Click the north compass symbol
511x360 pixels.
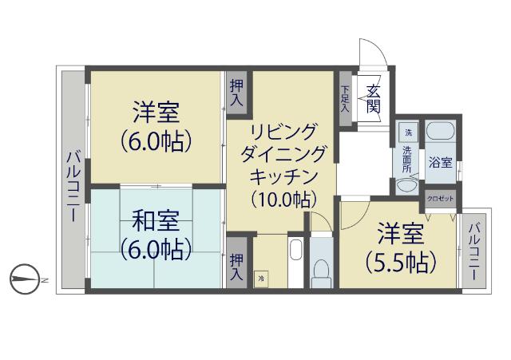click(26, 279)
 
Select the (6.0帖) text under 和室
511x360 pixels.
click(156, 248)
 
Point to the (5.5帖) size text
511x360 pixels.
click(400, 261)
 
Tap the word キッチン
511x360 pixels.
click(284, 176)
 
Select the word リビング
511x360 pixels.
click(283, 131)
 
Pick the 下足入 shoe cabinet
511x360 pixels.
click(345, 98)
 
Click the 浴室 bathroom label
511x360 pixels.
click(440, 163)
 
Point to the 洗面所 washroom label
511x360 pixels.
click(407, 159)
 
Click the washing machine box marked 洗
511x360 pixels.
click(408, 132)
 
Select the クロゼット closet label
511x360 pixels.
click(440, 198)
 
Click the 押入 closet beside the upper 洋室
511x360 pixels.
click(237, 93)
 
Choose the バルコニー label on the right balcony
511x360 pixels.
click(473, 250)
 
